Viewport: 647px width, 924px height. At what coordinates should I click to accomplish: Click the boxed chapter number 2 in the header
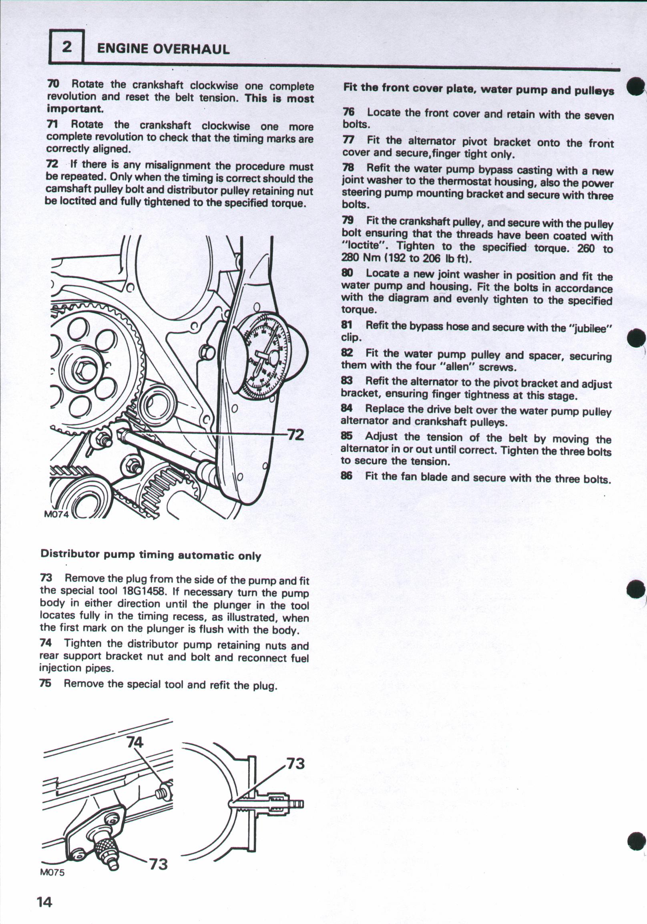tap(66, 48)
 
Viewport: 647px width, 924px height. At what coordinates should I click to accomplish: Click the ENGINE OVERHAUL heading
tap(163, 49)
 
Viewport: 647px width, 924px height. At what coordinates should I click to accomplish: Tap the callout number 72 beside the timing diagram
tap(295, 435)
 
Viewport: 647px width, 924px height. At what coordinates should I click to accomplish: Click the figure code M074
tap(57, 515)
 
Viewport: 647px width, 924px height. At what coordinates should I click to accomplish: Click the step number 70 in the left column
tap(53, 84)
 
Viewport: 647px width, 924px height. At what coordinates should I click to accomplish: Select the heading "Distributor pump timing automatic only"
tap(151, 555)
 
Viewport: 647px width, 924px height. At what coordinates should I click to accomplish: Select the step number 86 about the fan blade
tap(346, 476)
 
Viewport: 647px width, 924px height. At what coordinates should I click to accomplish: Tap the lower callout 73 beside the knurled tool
tap(158, 864)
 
